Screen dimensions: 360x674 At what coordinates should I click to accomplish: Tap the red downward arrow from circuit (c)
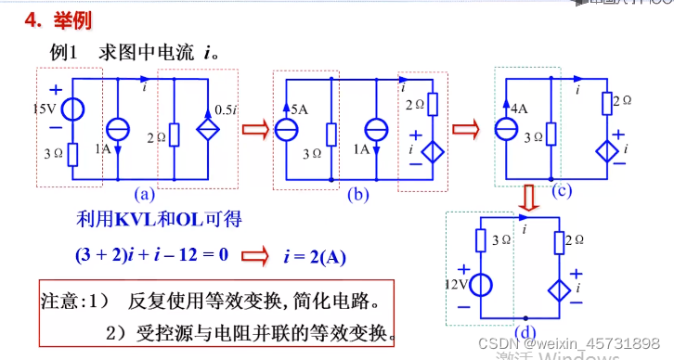pos(528,198)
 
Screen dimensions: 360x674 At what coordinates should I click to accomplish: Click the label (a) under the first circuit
pos(143,194)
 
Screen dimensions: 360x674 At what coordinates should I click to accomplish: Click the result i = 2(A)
pos(318,253)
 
